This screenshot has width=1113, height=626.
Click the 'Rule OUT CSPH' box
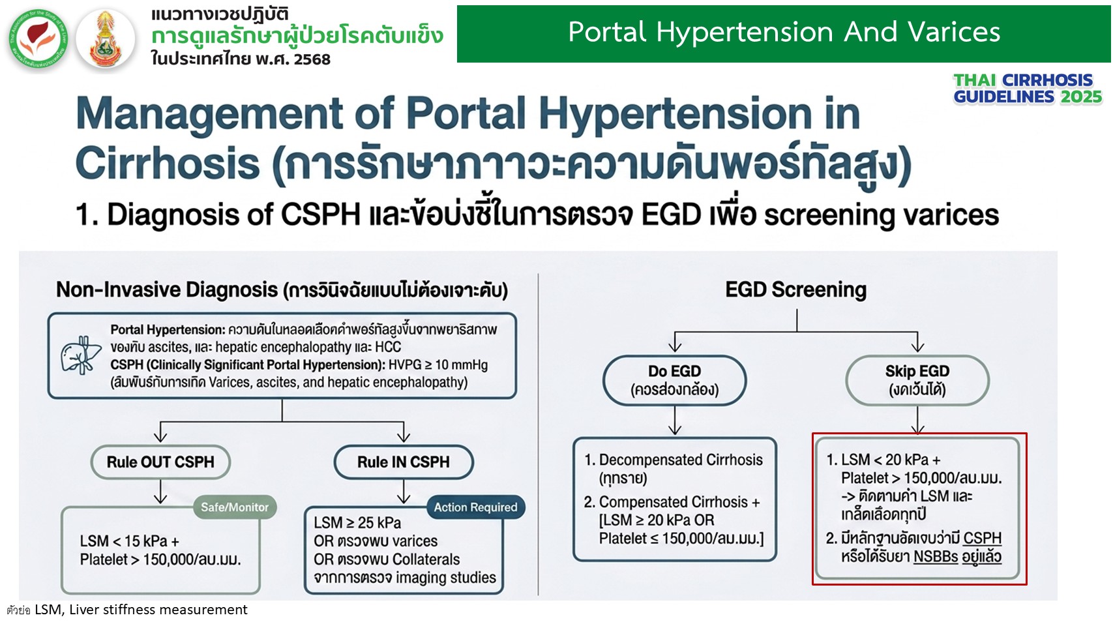pyautogui.click(x=160, y=462)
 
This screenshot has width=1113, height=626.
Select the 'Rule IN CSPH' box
pyautogui.click(x=404, y=462)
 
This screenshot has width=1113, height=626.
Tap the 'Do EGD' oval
pyautogui.click(x=674, y=380)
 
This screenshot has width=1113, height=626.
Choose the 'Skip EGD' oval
pyautogui.click(x=917, y=380)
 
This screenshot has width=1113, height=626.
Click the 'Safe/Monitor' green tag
pyautogui.click(x=235, y=507)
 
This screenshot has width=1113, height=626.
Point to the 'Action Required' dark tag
pyautogui.click(x=475, y=507)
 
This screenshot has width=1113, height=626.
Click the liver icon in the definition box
pyautogui.click(x=80, y=355)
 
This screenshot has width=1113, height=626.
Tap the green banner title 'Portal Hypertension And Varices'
pyautogui.click(x=784, y=32)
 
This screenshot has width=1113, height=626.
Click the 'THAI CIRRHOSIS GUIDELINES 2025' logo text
pyautogui.click(x=1028, y=89)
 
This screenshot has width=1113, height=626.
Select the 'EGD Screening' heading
pyautogui.click(x=795, y=290)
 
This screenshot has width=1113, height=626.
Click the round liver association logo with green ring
pyautogui.click(x=38, y=38)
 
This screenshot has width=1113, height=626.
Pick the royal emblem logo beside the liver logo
pyautogui.click(x=105, y=38)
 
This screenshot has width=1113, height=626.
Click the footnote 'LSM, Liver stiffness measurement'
pyautogui.click(x=141, y=610)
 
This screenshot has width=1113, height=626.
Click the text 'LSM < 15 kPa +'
pyautogui.click(x=129, y=541)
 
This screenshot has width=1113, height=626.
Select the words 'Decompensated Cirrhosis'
pyautogui.click(x=681, y=460)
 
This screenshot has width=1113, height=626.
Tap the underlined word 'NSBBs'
pyautogui.click(x=936, y=557)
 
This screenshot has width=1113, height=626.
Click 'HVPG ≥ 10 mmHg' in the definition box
pyautogui.click(x=438, y=365)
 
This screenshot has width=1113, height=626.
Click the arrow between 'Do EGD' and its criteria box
pyautogui.click(x=674, y=421)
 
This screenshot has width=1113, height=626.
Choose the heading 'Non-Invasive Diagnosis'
pyautogui.click(x=167, y=290)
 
